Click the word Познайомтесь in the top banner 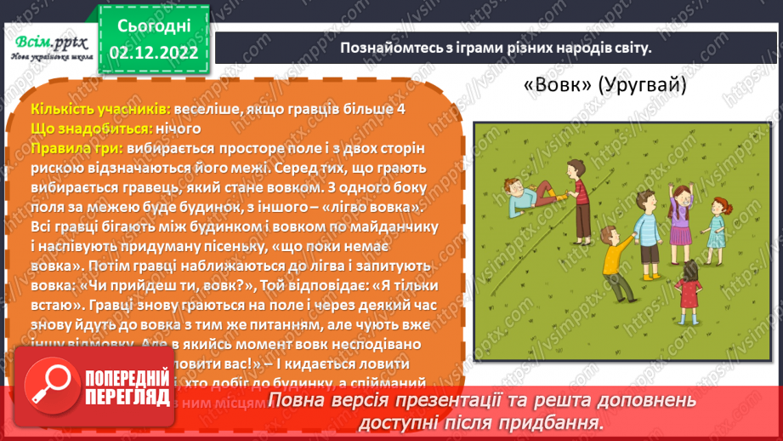click(384, 48)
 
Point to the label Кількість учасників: click(99, 109)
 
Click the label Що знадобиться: click(92, 129)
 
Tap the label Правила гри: click(75, 148)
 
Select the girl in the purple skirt click(679, 215)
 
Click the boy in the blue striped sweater click(645, 230)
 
